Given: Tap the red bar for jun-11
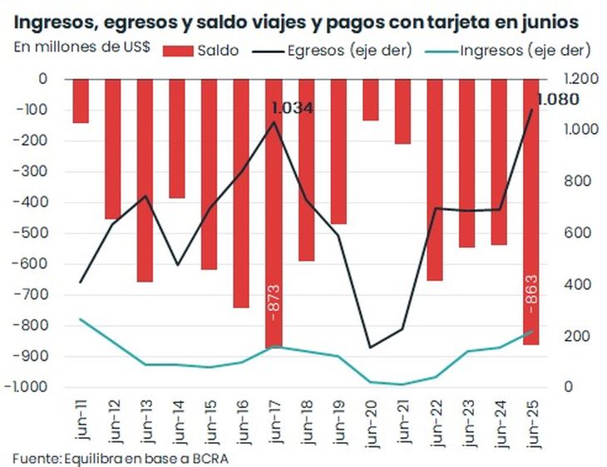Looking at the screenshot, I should tap(80, 101).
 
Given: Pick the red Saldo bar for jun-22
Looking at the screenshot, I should tap(434, 179).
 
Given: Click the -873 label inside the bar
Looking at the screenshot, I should tap(274, 302).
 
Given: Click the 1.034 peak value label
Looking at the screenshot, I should tap(291, 108).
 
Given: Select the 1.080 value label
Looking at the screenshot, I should tap(558, 99).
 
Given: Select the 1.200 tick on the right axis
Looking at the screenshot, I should tap(580, 79).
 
